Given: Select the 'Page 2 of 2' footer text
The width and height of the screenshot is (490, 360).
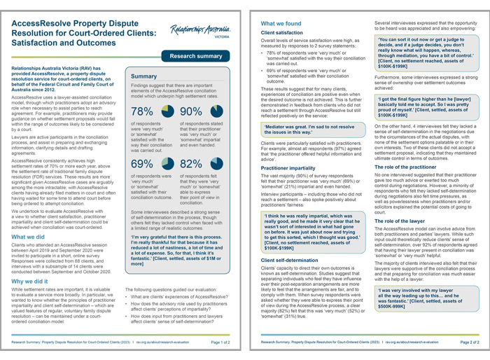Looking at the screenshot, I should pos(465,343).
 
